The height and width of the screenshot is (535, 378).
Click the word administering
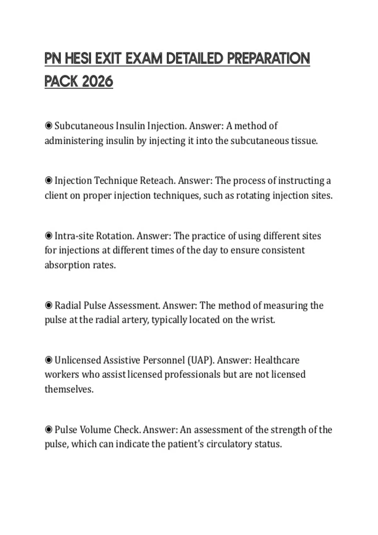[x=74, y=141]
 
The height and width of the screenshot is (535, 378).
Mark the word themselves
[x=69, y=389]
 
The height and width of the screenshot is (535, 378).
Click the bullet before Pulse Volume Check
[x=49, y=430]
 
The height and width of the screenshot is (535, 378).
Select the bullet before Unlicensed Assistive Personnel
[x=49, y=360]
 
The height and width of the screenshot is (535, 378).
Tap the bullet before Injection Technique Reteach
[x=49, y=181]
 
